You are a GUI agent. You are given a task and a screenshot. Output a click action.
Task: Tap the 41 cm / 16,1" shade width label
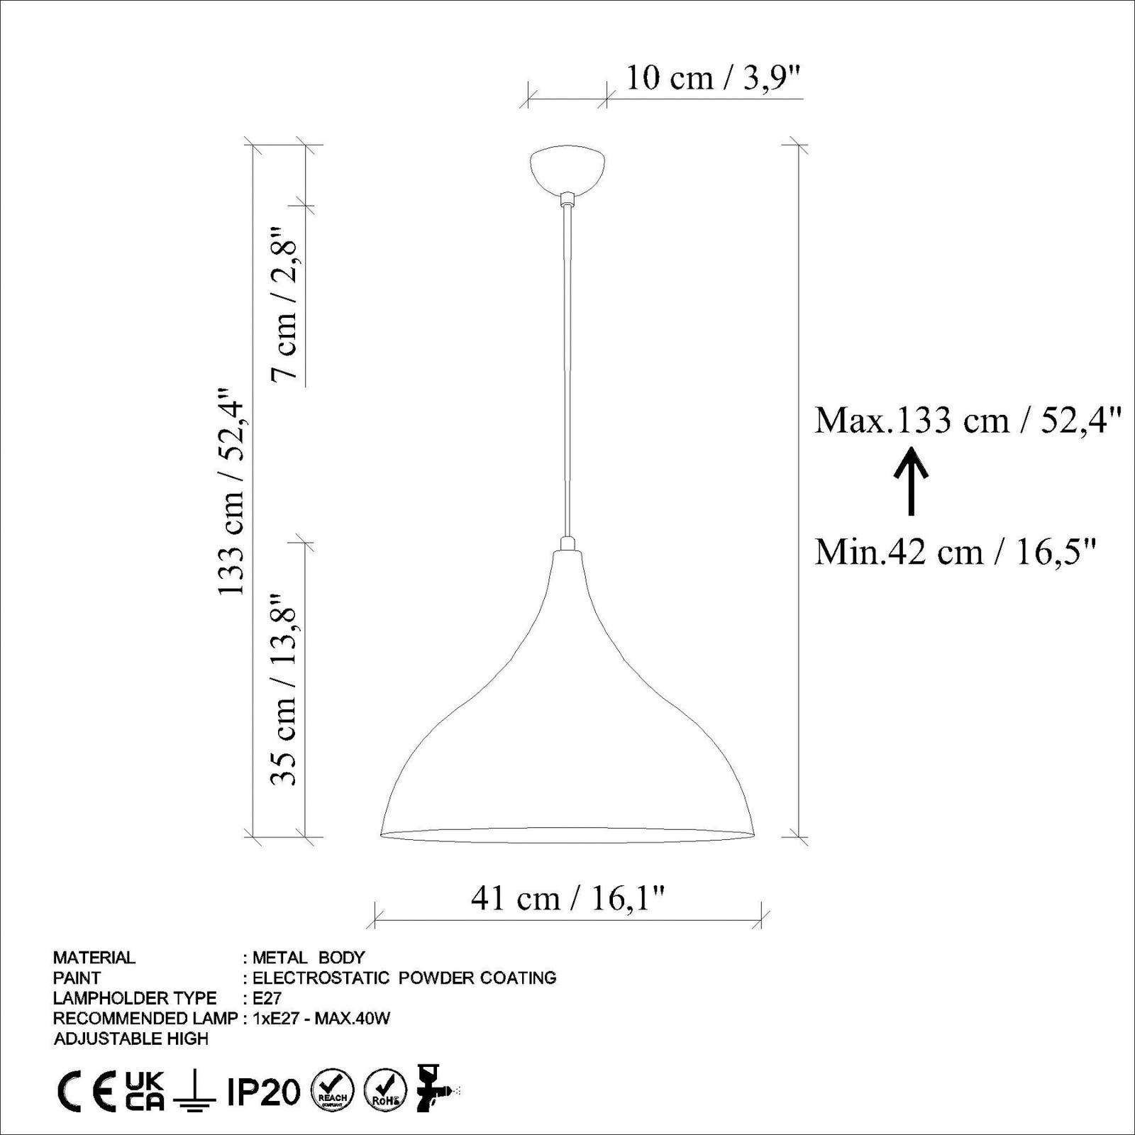(x=567, y=899)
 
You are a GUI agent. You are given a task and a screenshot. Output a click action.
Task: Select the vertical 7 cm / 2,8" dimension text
(x=285, y=304)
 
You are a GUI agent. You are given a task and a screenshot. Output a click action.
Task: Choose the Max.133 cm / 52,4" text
(x=968, y=420)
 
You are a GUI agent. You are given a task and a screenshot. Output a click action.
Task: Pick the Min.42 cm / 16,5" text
(x=956, y=551)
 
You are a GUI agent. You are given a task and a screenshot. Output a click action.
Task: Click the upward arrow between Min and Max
(x=911, y=480)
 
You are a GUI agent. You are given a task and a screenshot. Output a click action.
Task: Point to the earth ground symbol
(x=194, y=1092)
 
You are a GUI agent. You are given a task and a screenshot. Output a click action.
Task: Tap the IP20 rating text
(x=263, y=1092)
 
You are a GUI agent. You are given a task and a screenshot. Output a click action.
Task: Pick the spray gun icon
(x=434, y=1088)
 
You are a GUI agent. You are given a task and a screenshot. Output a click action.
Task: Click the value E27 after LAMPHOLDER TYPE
(x=267, y=998)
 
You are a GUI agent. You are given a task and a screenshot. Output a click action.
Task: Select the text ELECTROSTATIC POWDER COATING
(x=404, y=978)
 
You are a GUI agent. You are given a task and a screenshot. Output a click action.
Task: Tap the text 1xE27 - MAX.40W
(x=321, y=1019)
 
